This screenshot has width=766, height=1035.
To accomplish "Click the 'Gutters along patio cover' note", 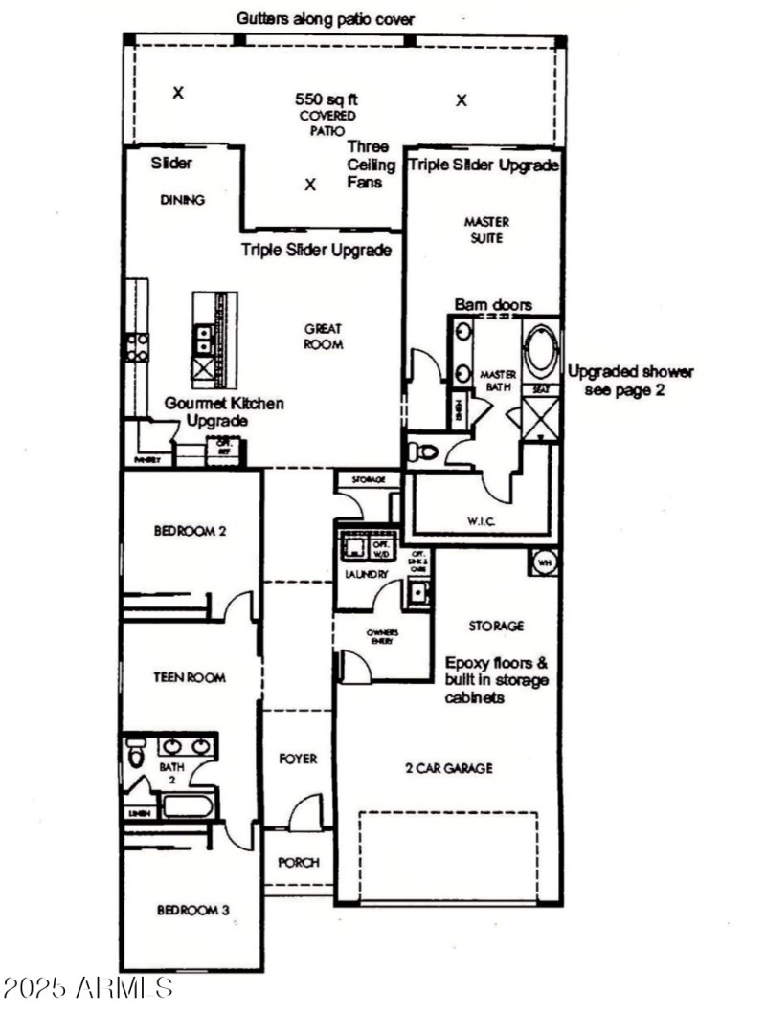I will point(326,19).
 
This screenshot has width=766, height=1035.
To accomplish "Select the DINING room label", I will point(181,201).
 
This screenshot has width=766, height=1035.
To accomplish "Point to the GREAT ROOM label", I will point(323,336).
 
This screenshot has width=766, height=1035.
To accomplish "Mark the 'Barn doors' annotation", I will point(493,304).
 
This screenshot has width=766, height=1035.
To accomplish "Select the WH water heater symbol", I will point(543,562).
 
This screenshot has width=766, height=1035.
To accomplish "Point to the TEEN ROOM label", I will point(190,677).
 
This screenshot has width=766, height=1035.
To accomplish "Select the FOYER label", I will point(297,759).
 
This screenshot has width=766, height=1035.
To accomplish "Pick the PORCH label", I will point(298,862).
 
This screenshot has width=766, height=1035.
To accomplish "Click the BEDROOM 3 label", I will point(192,910).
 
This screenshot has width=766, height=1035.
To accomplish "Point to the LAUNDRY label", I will point(366,575).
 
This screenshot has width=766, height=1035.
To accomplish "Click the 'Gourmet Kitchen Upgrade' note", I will point(222,412).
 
